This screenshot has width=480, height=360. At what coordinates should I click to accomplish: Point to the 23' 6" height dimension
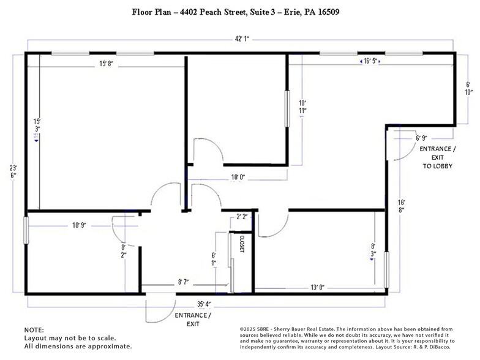[x=13, y=171]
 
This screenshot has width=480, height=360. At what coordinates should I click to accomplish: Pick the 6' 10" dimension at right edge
[x=468, y=88]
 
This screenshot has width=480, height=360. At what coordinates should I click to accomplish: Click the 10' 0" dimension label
[x=238, y=178]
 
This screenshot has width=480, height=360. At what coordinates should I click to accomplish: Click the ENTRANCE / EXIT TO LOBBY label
[x=437, y=157]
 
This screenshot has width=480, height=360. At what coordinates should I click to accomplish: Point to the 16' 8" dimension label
[x=400, y=206]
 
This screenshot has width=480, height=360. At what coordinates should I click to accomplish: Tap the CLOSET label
[x=242, y=244]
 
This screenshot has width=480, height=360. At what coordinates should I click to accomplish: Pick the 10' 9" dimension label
[x=79, y=225]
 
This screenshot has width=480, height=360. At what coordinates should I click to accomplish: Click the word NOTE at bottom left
[x=34, y=329]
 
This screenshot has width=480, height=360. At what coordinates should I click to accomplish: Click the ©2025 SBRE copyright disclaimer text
[x=346, y=337]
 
